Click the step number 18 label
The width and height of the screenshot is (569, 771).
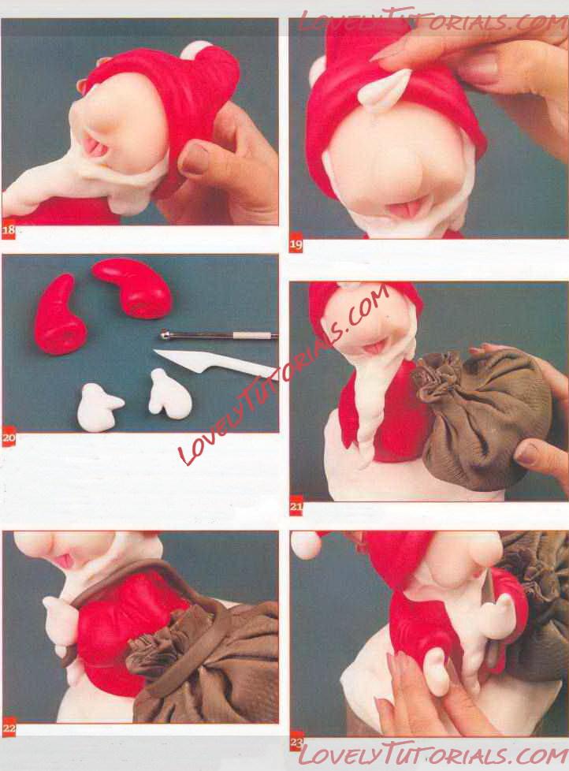point(9,230)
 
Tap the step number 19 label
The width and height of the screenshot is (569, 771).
point(296,244)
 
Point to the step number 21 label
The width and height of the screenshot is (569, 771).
point(296,507)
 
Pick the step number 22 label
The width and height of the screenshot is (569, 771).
point(9,728)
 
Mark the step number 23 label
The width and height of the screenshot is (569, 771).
point(296,742)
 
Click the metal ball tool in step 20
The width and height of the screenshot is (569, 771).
point(218,336)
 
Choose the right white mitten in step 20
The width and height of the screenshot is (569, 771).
point(170,392)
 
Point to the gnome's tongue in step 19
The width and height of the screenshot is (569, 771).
point(405,208)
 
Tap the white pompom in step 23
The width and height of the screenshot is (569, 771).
point(306,545)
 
